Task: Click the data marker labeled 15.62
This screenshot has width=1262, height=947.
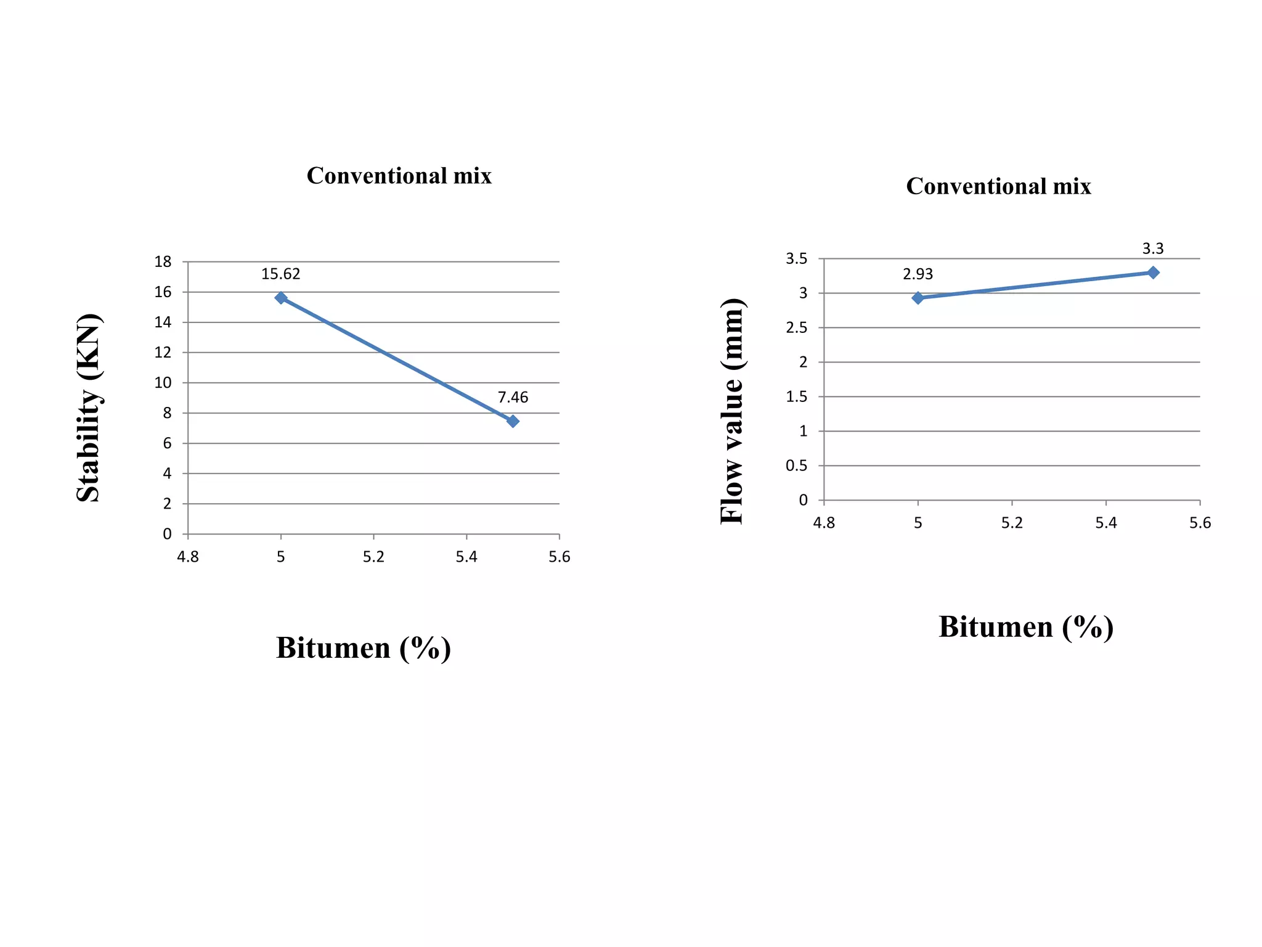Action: pyautogui.click(x=281, y=298)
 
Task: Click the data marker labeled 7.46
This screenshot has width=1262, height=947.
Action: pyautogui.click(x=513, y=421)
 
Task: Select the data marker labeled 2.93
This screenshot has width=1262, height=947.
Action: pyautogui.click(x=918, y=298)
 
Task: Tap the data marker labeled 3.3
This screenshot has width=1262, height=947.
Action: pyautogui.click(x=1153, y=273)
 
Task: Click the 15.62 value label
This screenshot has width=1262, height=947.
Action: pyautogui.click(x=280, y=274)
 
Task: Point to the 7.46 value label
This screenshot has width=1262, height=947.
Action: pyautogui.click(x=513, y=397)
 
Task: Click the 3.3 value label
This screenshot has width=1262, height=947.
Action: pyautogui.click(x=1153, y=248)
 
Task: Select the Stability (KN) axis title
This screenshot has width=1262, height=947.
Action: pyautogui.click(x=89, y=408)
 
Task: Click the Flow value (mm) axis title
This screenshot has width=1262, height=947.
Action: pyautogui.click(x=733, y=411)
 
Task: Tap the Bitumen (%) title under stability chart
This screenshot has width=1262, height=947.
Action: pyautogui.click(x=364, y=648)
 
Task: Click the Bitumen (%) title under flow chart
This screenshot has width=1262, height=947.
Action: pyautogui.click(x=1026, y=627)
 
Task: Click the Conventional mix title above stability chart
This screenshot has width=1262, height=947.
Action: pyautogui.click(x=399, y=176)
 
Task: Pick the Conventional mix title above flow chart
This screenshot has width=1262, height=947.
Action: pyautogui.click(x=998, y=186)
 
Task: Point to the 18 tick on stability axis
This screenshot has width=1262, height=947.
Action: pyautogui.click(x=163, y=262)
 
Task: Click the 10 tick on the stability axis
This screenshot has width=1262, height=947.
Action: pyautogui.click(x=163, y=383)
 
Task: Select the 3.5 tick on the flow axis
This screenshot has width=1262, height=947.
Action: pyautogui.click(x=796, y=259)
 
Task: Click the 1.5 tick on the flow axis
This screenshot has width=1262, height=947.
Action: pyautogui.click(x=796, y=397)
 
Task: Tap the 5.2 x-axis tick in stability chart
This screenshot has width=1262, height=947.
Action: pyautogui.click(x=373, y=557)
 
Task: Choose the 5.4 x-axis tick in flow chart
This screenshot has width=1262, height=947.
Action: pyautogui.click(x=1106, y=523)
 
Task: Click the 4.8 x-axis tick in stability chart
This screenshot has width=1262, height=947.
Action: pyautogui.click(x=188, y=557)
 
